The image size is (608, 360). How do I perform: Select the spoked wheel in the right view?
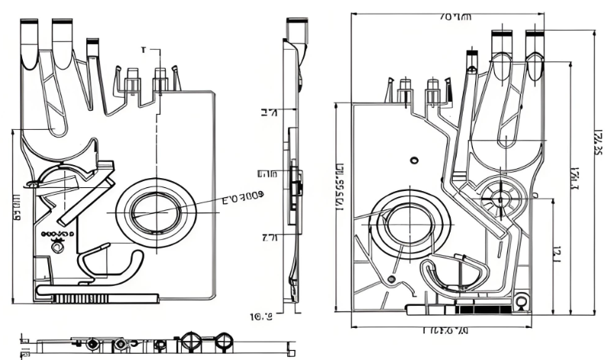502,199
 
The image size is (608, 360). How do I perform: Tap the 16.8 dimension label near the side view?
261,316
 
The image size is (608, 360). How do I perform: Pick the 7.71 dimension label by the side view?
269,238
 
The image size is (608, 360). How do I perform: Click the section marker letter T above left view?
143,50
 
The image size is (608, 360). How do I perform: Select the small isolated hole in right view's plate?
414,160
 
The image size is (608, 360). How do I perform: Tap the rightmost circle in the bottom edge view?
225,342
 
